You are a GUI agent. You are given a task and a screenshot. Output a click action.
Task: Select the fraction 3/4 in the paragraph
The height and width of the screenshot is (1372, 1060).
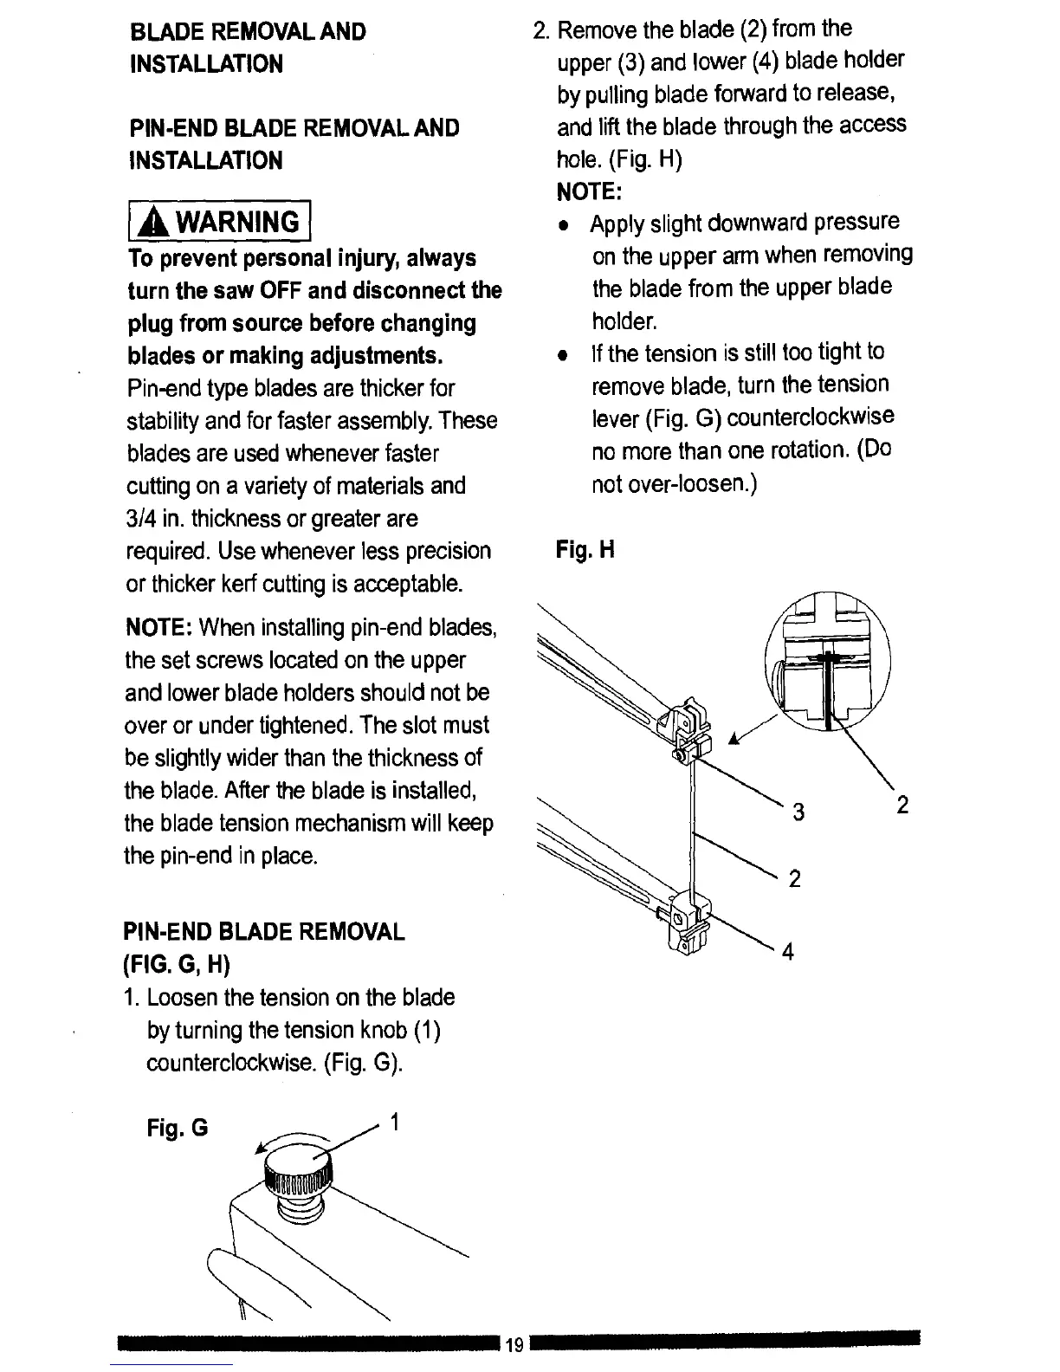point(142,519)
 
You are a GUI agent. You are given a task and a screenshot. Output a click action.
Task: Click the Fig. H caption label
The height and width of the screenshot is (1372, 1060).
point(585,550)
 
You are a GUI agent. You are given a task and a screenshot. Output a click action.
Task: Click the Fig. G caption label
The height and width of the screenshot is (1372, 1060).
point(178,1129)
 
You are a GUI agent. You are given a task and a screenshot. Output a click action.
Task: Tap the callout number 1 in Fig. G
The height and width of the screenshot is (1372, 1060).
point(394,1123)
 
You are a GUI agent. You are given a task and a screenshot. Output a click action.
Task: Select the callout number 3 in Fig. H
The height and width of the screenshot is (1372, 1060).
point(798,812)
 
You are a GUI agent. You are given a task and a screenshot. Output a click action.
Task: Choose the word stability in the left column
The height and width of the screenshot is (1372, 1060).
point(163,421)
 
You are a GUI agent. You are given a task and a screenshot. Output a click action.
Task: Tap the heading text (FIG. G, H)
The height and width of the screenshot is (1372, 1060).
point(178,964)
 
